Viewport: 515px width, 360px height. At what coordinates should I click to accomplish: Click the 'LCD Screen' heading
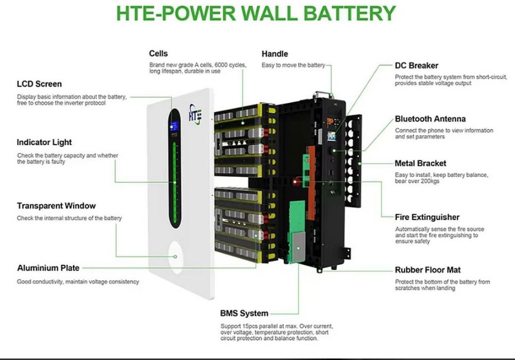[39, 84]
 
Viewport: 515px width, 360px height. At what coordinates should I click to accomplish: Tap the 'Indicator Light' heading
[44, 142]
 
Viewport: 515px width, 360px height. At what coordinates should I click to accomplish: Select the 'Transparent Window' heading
[56, 206]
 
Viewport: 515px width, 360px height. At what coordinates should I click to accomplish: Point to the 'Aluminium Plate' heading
[48, 268]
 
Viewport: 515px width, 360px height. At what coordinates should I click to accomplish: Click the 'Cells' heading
[158, 54]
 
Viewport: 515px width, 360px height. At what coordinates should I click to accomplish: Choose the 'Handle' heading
[274, 54]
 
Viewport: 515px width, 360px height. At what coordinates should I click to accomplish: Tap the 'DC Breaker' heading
[417, 65]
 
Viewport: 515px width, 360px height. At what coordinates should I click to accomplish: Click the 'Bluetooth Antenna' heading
[430, 118]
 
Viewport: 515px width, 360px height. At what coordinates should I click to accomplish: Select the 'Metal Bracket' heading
[420, 163]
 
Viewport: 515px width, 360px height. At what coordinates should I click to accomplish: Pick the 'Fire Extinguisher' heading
[427, 217]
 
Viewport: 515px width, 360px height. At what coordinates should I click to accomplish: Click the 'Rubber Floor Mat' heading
[427, 270]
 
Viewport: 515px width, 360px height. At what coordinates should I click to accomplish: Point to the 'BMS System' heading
[244, 313]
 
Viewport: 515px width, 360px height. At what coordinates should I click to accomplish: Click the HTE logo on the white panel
[196, 112]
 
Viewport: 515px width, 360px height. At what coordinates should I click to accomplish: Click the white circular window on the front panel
[176, 256]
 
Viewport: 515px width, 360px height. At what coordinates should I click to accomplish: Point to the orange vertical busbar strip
[311, 165]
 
